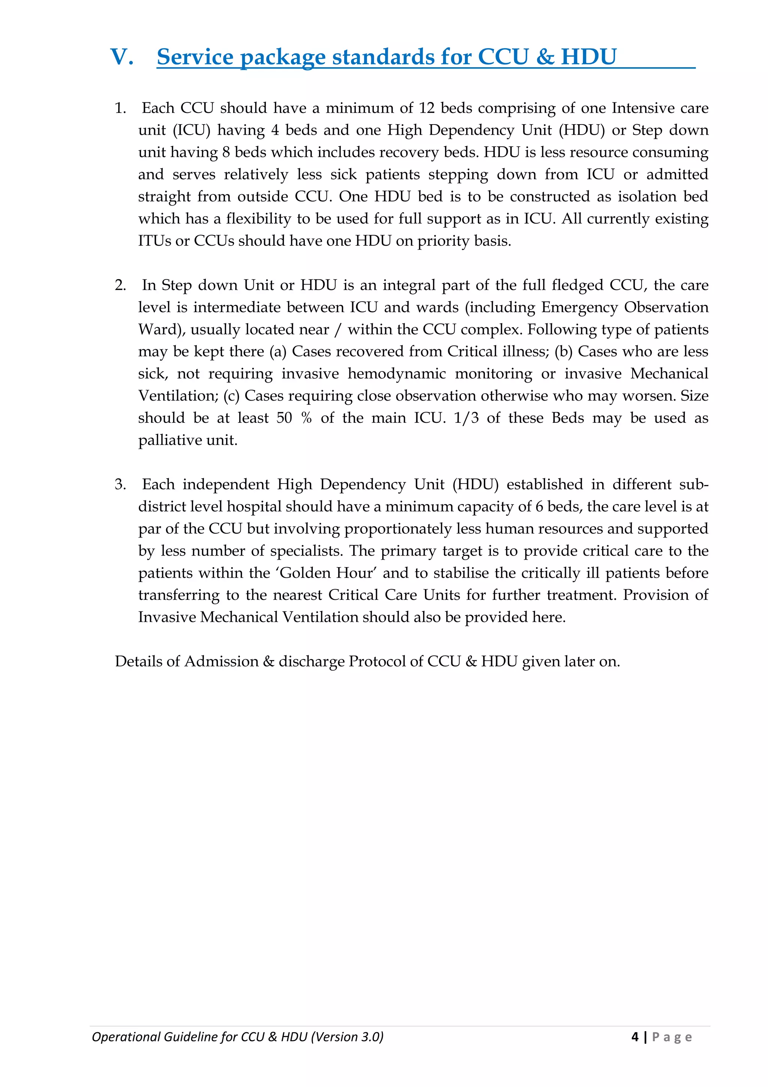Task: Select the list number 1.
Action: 120,108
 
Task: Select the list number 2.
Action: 120,285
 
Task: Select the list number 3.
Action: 120,485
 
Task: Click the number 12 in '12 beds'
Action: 426,108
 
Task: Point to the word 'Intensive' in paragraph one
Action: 643,108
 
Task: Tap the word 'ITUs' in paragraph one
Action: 154,241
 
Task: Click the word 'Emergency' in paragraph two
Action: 579,308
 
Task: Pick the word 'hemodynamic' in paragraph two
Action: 396,374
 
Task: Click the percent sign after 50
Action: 306,418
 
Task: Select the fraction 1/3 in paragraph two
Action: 466,418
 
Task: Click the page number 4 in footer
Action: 634,1037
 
